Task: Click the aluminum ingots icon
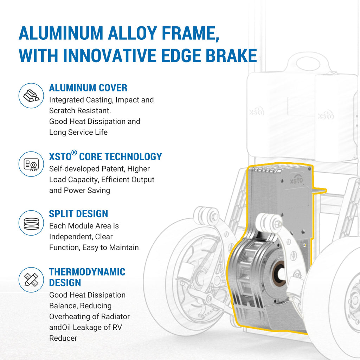coord(31,96)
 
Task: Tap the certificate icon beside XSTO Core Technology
coord(31,164)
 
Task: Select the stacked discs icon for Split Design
coord(31,223)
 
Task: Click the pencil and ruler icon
coord(31,279)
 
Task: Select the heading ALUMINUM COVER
coord(88,88)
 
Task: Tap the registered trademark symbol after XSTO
coord(74,153)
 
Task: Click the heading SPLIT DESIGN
coord(78,214)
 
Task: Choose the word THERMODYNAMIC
coord(87,272)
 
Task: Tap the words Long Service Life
coord(78,132)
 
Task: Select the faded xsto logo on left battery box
coord(257,112)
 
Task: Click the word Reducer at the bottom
coord(63,338)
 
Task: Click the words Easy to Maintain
coord(110,247)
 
